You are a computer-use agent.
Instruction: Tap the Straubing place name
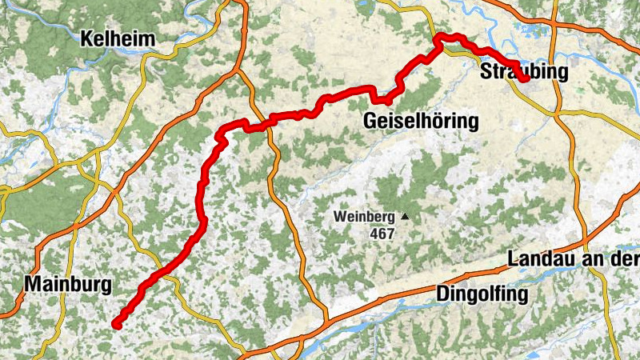523,72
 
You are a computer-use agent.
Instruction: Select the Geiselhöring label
420,122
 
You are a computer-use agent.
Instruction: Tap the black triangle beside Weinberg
406,216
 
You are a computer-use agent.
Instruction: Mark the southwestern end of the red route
117,323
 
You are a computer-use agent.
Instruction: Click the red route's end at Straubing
526,78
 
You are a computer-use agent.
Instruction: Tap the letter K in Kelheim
86,38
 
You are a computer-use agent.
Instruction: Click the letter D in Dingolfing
442,294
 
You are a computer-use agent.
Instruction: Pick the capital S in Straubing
486,72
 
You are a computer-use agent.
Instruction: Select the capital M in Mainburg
33,283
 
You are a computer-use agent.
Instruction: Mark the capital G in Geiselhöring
370,122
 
